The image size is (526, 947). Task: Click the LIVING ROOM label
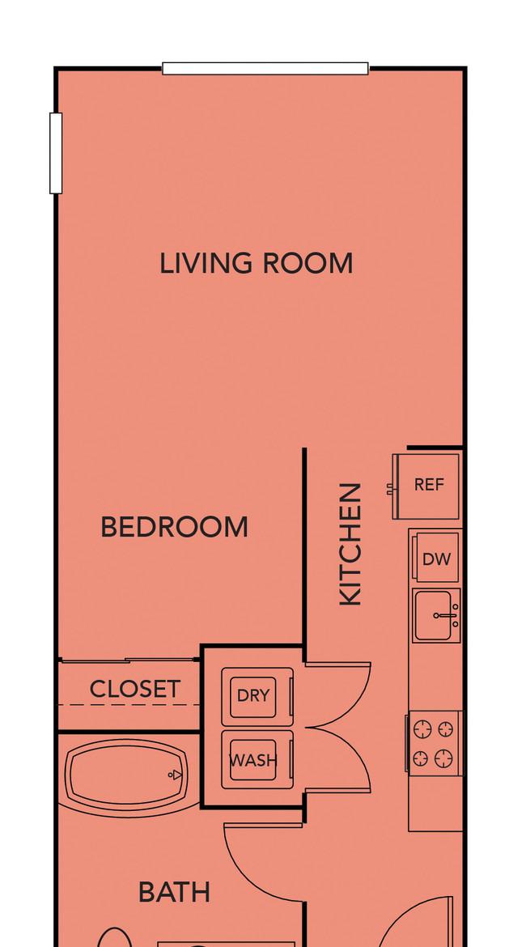click(256, 264)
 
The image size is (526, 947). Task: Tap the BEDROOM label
click(174, 527)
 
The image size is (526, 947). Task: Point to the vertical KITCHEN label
click(350, 544)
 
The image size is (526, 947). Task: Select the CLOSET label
click(134, 689)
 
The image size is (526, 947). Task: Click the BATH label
click(174, 892)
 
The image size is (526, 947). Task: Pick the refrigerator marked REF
click(426, 486)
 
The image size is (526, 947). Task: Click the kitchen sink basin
click(437, 615)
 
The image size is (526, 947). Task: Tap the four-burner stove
click(434, 743)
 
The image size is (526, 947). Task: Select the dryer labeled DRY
click(257, 696)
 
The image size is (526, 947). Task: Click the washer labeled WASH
click(257, 760)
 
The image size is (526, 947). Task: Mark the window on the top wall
click(265, 68)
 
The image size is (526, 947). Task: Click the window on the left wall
click(56, 153)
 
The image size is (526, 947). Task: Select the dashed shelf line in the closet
click(129, 705)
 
